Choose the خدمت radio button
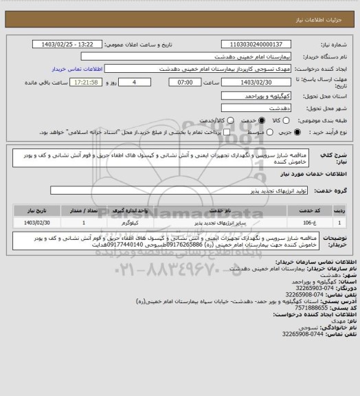pos(247,120)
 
